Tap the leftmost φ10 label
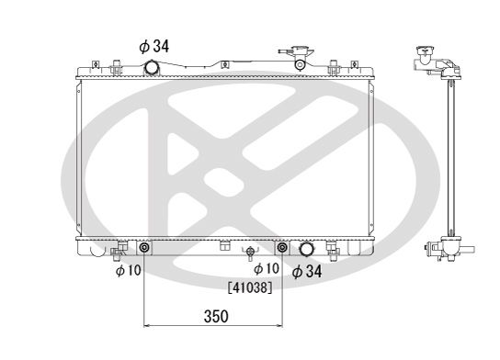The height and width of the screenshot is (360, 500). pyautogui.click(x=128, y=270)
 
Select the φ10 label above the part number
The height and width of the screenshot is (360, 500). pyautogui.click(x=266, y=267)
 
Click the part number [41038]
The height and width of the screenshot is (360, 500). pyautogui.click(x=250, y=286)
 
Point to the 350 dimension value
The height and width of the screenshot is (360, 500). pyautogui.click(x=215, y=316)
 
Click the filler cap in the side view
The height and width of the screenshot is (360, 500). pyautogui.click(x=424, y=54)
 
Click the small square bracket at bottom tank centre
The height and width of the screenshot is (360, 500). pyautogui.click(x=224, y=245)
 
